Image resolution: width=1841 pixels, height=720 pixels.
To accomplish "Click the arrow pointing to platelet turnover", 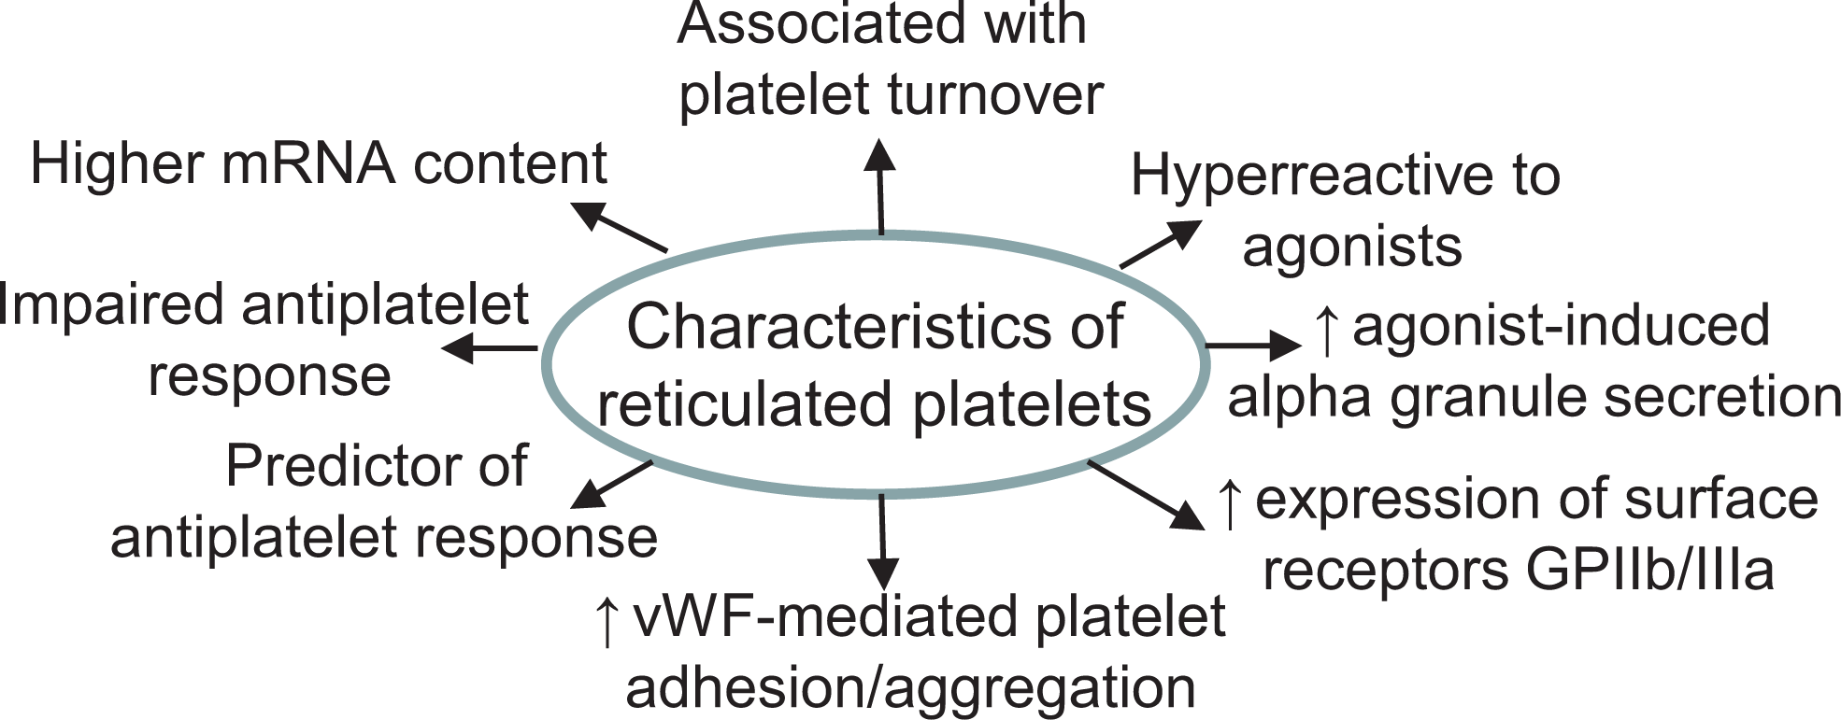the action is pyautogui.click(x=879, y=186).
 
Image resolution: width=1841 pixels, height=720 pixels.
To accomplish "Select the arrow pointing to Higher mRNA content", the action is pyautogui.click(x=619, y=227).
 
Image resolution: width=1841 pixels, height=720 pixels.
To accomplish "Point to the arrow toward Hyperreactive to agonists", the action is pyautogui.click(x=1161, y=244).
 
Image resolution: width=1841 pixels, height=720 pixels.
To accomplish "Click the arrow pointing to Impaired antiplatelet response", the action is pyautogui.click(x=489, y=349).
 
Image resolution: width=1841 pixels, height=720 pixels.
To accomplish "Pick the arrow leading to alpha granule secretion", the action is pyautogui.click(x=1253, y=346).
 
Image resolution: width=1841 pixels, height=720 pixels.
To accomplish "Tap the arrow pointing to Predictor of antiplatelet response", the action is pyautogui.click(x=611, y=484).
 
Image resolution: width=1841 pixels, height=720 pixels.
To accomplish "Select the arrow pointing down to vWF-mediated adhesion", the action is pyautogui.click(x=882, y=542).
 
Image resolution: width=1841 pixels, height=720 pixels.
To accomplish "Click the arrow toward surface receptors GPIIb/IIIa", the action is pyautogui.click(x=1146, y=495).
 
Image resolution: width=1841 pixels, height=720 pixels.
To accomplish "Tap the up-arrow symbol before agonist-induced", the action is pyautogui.click(x=1326, y=330).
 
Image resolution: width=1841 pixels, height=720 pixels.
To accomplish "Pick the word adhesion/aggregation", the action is pyautogui.click(x=910, y=688).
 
